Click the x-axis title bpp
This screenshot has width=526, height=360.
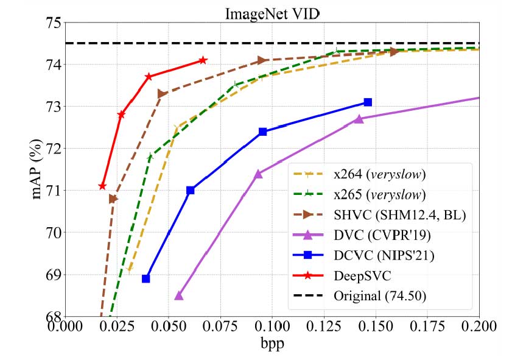tap(272, 344)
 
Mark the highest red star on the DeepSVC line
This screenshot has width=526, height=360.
tap(203, 60)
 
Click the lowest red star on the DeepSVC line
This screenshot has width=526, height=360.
tap(102, 186)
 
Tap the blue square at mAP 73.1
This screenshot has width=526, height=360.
tap(368, 102)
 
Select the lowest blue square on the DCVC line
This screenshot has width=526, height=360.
tap(146, 278)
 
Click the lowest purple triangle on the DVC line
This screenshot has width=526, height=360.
tap(179, 295)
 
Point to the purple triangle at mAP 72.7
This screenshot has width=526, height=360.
tap(359, 119)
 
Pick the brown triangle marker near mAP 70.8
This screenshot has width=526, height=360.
tap(113, 199)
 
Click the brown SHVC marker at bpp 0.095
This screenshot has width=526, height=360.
tap(262, 60)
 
